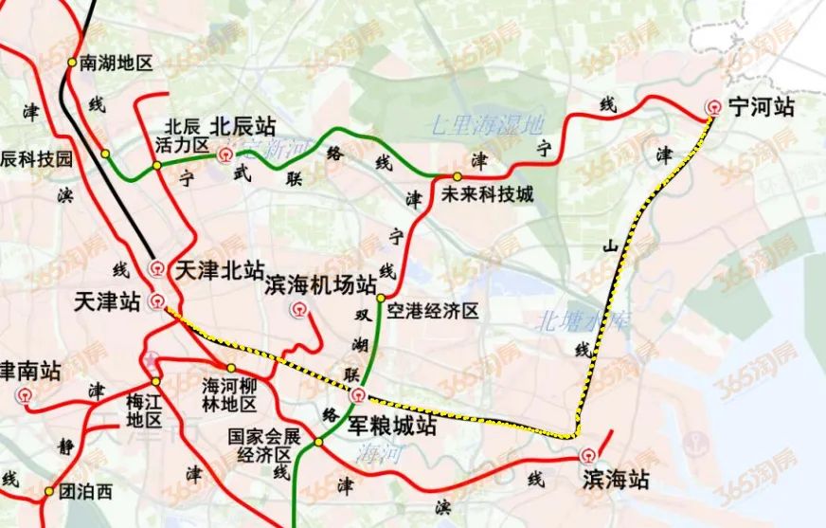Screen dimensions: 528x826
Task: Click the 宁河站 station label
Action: pos(762,107)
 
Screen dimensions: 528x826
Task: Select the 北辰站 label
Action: pos(243,125)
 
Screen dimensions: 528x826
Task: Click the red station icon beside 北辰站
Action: pos(225,155)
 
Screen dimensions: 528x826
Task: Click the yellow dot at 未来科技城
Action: pos(457,176)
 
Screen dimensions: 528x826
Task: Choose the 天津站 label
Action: pos(106,301)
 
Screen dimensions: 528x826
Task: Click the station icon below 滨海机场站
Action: pos(299,308)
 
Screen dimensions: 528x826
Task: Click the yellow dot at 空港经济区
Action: pos(381,299)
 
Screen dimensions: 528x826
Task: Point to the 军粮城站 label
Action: pos(392,427)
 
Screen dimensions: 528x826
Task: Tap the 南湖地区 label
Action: pos(117,64)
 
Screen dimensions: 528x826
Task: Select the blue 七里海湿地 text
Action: pos(487,123)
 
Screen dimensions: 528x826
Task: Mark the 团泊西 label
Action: pos(85,491)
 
